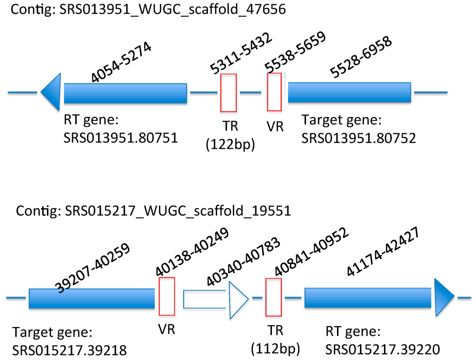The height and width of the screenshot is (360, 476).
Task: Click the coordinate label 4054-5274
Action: click(x=121, y=65)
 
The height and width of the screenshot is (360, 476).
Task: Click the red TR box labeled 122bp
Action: click(x=229, y=93)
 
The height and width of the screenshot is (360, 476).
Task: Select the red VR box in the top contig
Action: click(x=274, y=92)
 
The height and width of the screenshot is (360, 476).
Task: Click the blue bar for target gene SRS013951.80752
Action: click(x=349, y=92)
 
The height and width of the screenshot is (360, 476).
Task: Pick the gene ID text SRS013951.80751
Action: click(x=120, y=137)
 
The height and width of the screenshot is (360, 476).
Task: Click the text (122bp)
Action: click(x=230, y=145)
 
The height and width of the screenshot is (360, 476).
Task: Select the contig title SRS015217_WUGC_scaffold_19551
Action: click(x=153, y=210)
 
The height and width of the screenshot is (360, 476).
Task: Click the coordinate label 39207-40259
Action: click(x=93, y=268)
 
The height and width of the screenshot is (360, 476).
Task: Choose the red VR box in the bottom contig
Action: click(x=167, y=296)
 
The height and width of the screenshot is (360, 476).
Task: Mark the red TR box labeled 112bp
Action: click(x=273, y=297)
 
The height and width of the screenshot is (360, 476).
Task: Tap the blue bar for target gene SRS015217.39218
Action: click(x=90, y=298)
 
